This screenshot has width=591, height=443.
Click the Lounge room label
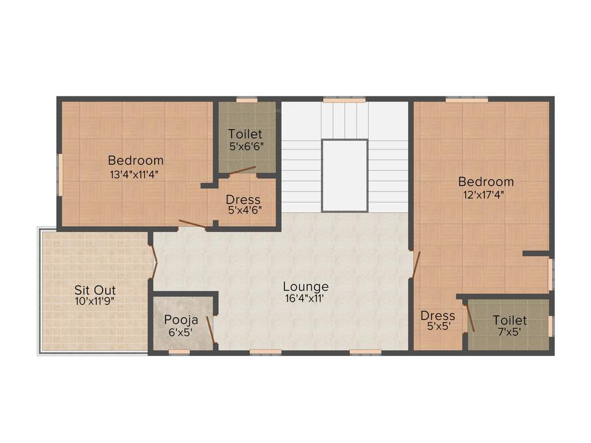(305, 286)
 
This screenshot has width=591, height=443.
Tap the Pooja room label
(181, 320)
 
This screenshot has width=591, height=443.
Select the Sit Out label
(95, 290)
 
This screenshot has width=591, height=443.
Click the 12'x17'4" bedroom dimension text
(485, 194)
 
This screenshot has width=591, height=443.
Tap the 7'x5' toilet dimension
(509, 332)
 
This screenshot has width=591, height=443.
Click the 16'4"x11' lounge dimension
(305, 298)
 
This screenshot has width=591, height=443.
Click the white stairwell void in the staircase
(345, 175)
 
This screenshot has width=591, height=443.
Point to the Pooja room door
(211, 329)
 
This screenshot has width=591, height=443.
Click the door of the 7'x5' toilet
(470, 317)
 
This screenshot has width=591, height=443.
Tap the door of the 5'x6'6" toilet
(242, 170)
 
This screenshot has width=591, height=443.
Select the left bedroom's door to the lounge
(192, 224)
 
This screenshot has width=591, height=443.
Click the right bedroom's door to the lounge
(415, 265)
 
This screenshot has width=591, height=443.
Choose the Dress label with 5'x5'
(437, 316)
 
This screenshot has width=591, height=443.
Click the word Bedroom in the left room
(136, 160)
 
